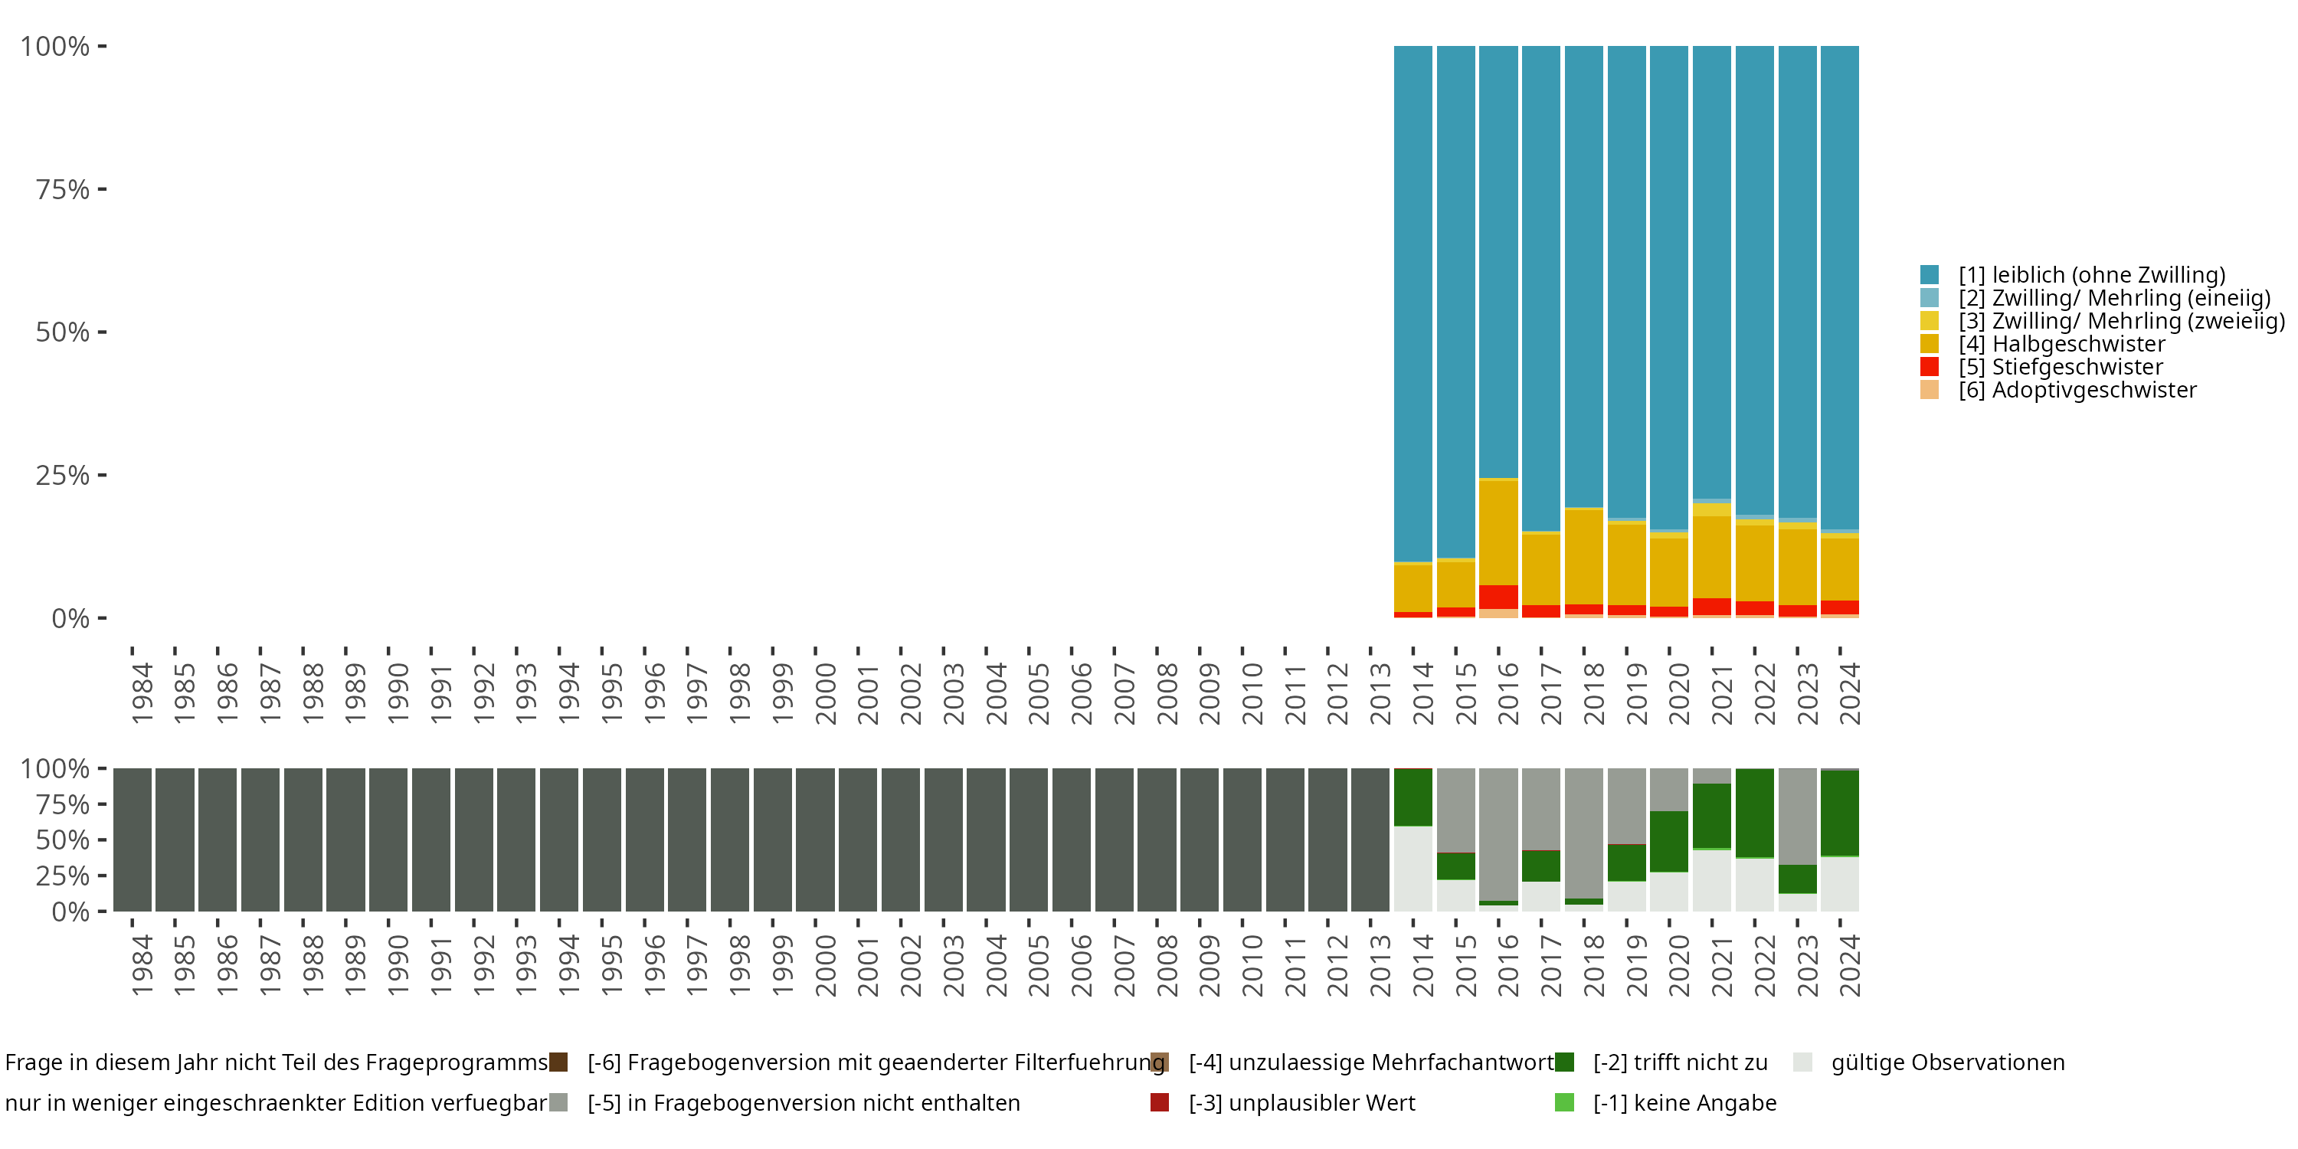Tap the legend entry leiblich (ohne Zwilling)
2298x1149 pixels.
point(2091,275)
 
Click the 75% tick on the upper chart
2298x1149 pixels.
point(63,189)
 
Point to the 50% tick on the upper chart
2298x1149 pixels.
point(63,332)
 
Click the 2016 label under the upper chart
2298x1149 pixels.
point(1507,693)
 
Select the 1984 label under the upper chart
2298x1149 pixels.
point(142,693)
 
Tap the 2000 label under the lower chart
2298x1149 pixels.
point(825,965)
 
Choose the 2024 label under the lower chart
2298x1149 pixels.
point(1849,965)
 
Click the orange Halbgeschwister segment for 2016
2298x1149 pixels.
point(1499,532)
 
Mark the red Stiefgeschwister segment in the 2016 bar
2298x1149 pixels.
point(1499,597)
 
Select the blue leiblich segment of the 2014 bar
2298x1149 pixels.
point(1413,303)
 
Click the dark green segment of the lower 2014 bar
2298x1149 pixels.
point(1413,797)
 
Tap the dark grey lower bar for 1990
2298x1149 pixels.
point(388,840)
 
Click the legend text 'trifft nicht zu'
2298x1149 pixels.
point(1680,1062)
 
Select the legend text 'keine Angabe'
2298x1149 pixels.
point(1684,1104)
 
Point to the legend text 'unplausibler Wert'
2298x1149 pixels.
point(1301,1104)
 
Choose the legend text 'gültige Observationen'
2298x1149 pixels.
point(1947,1062)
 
